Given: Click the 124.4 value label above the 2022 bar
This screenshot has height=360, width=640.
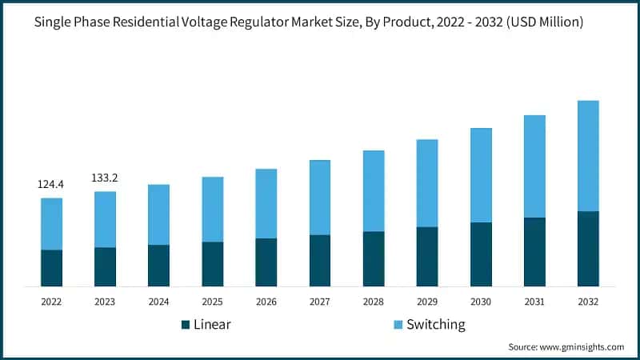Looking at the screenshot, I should click(x=51, y=185).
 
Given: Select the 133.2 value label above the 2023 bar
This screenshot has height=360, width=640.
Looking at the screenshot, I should click(x=105, y=178).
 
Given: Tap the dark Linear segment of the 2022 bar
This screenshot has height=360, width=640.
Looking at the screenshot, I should click(x=51, y=268).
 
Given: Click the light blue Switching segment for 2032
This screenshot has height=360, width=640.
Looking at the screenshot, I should click(x=588, y=156).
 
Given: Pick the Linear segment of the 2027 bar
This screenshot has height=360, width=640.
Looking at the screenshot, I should click(x=320, y=260).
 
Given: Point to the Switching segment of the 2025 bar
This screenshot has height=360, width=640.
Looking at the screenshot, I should click(x=213, y=209).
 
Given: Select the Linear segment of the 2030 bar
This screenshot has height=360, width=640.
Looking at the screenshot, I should click(x=481, y=254).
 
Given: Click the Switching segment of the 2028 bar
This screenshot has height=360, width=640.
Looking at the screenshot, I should click(x=374, y=190).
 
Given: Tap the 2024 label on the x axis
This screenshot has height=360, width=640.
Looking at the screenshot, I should click(x=158, y=302).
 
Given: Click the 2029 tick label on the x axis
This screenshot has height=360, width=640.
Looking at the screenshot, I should click(x=427, y=302).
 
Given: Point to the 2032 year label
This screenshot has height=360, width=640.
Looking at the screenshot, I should click(x=588, y=302).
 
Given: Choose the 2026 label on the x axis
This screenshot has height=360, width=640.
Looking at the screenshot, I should click(x=266, y=302).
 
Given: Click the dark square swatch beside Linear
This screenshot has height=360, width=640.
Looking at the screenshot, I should click(x=186, y=325).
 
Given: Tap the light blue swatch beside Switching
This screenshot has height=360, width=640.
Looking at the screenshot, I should click(x=398, y=325).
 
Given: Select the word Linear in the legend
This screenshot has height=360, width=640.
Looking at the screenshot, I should click(x=212, y=325).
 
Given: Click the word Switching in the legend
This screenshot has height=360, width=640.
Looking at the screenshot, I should click(x=435, y=325).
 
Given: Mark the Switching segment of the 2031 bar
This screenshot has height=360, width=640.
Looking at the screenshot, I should click(x=534, y=166).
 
